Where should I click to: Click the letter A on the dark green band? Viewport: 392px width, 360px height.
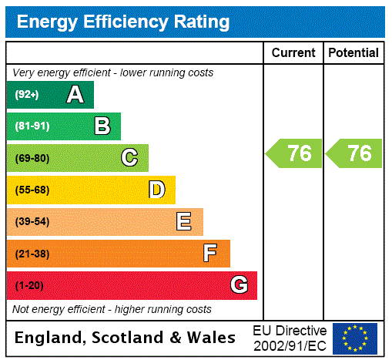point(75,95)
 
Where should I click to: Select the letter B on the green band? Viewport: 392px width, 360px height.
point(102,126)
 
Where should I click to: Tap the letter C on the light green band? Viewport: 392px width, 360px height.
point(129,158)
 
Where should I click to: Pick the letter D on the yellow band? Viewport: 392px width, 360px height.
point(156,190)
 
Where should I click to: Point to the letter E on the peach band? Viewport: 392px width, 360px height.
point(184,222)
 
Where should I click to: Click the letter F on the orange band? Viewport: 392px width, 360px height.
point(210,253)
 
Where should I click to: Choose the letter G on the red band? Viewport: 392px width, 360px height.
point(239,285)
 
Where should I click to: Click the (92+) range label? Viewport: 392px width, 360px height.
point(27,95)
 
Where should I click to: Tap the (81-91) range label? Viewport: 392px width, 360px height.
point(32,126)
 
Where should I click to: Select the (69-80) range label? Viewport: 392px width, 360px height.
point(32,158)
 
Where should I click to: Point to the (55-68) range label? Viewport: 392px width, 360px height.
point(32,190)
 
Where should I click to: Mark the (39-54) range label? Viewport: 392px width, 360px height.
point(32,222)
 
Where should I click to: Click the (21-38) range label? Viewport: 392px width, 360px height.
point(32,254)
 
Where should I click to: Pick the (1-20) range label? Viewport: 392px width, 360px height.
point(29,285)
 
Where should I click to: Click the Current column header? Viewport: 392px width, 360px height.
point(293,53)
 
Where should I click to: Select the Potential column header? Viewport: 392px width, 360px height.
point(353,53)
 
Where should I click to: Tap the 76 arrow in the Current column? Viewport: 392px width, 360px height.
point(294,153)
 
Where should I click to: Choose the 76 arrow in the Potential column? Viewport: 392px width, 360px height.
point(354,153)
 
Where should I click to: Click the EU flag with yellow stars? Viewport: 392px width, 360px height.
point(355,338)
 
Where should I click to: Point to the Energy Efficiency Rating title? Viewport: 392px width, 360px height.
point(123,22)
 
